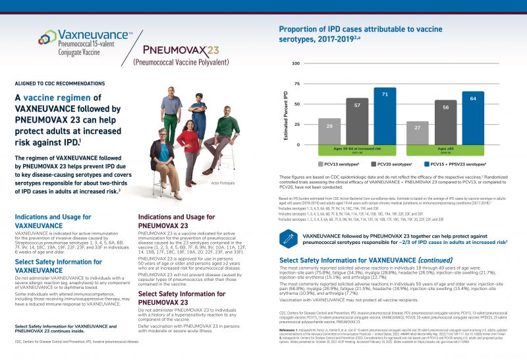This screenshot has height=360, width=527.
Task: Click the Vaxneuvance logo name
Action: coord(93,34)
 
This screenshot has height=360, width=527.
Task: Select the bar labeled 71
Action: coord(385,115)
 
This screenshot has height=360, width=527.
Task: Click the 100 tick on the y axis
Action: coord(296,63)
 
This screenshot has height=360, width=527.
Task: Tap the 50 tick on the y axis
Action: coord(297,104)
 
